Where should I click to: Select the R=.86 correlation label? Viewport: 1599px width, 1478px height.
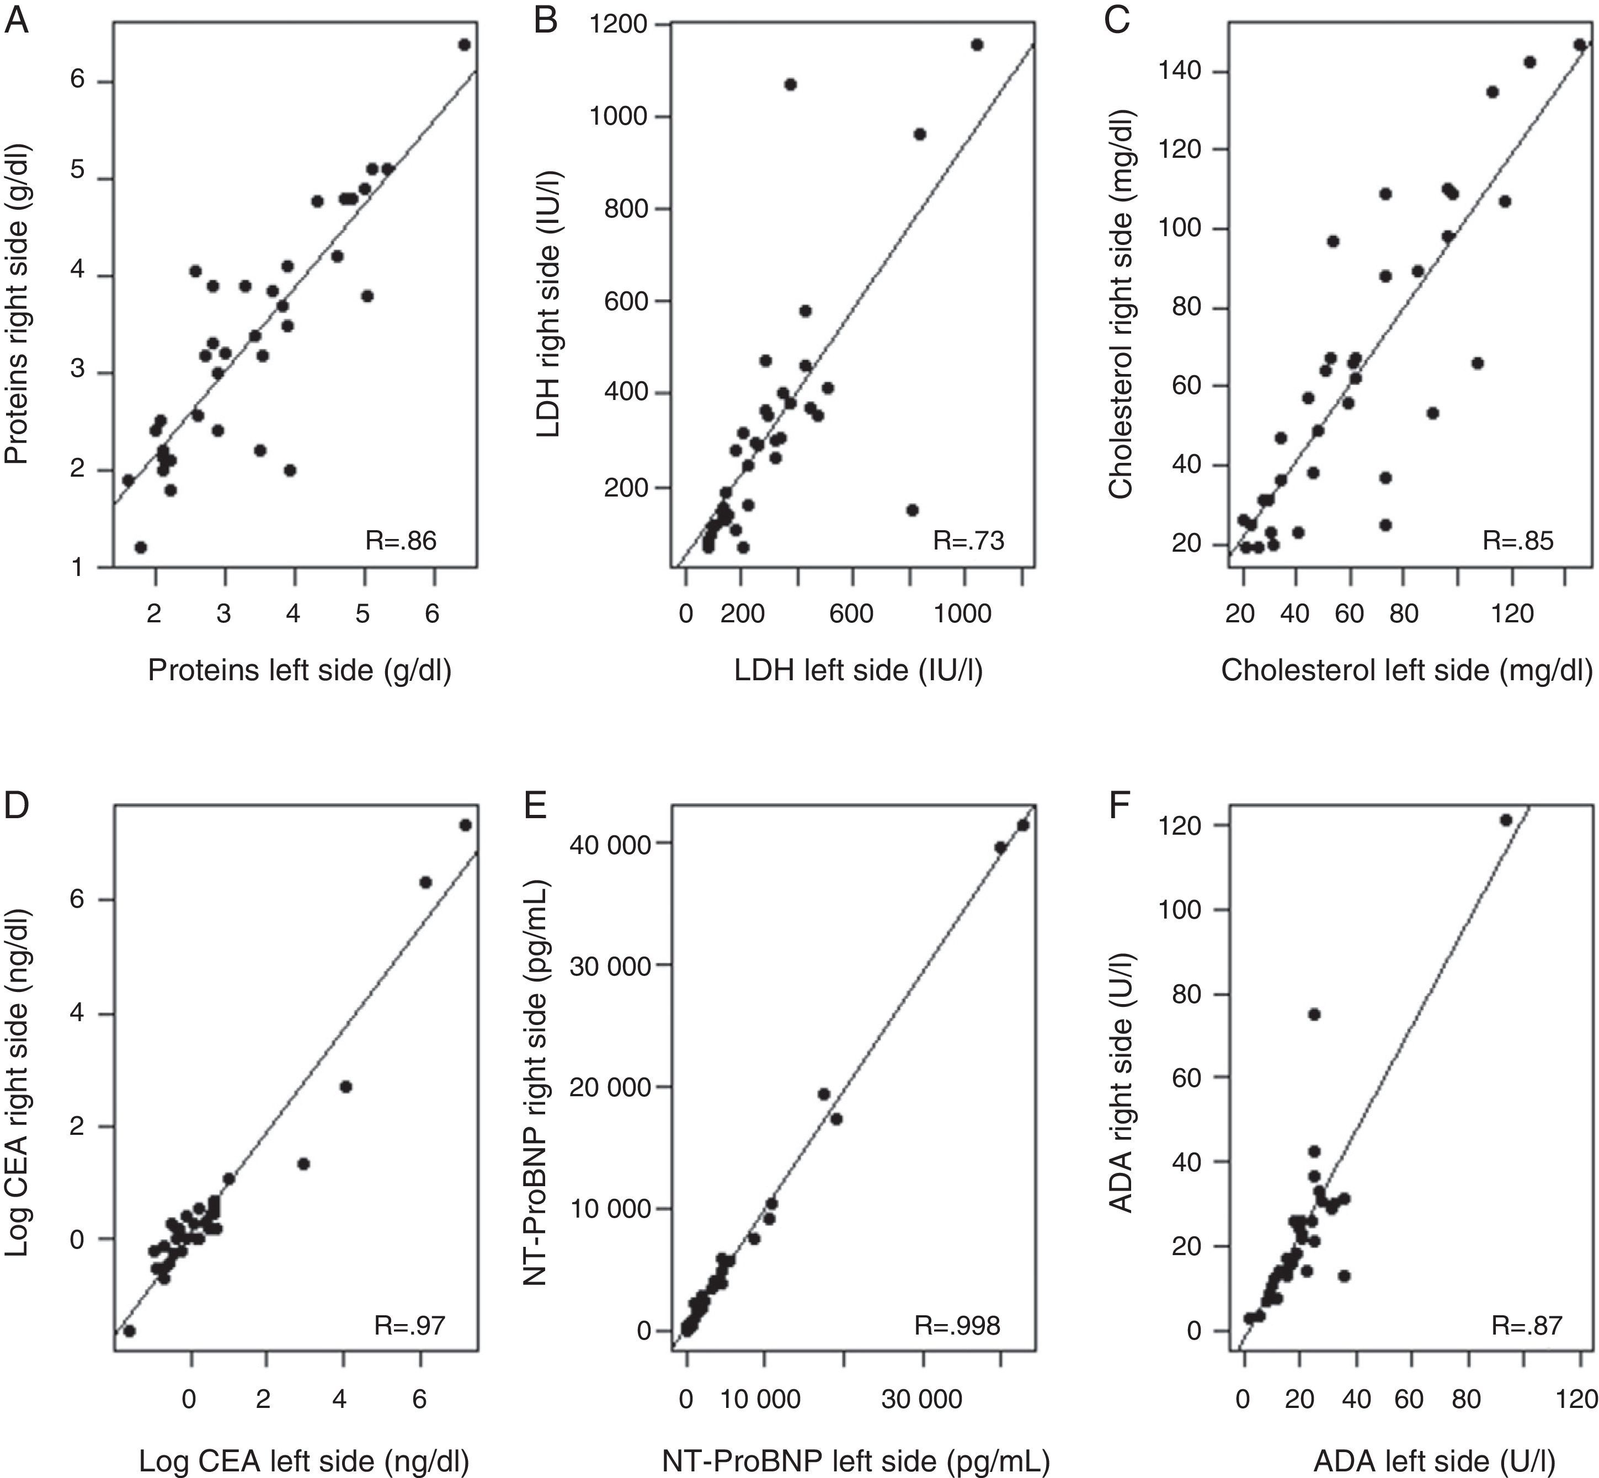tap(401, 541)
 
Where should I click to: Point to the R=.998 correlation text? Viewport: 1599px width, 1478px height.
tap(957, 1326)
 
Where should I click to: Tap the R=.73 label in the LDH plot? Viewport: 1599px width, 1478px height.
tap(968, 541)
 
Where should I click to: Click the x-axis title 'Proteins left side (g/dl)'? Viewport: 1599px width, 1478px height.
tap(299, 670)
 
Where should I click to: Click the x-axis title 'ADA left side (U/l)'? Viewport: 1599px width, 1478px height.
tap(1414, 1460)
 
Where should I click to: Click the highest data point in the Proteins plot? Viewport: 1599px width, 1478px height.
tap(464, 45)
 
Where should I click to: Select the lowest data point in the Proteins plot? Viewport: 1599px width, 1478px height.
tap(141, 547)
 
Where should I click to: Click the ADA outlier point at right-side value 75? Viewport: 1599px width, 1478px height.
tap(1313, 1014)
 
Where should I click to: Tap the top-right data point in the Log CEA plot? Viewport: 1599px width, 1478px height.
tap(466, 825)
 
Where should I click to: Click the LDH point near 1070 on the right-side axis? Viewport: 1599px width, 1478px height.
tap(790, 84)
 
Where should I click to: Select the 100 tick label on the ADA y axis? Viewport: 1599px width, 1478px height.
tap(1183, 910)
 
